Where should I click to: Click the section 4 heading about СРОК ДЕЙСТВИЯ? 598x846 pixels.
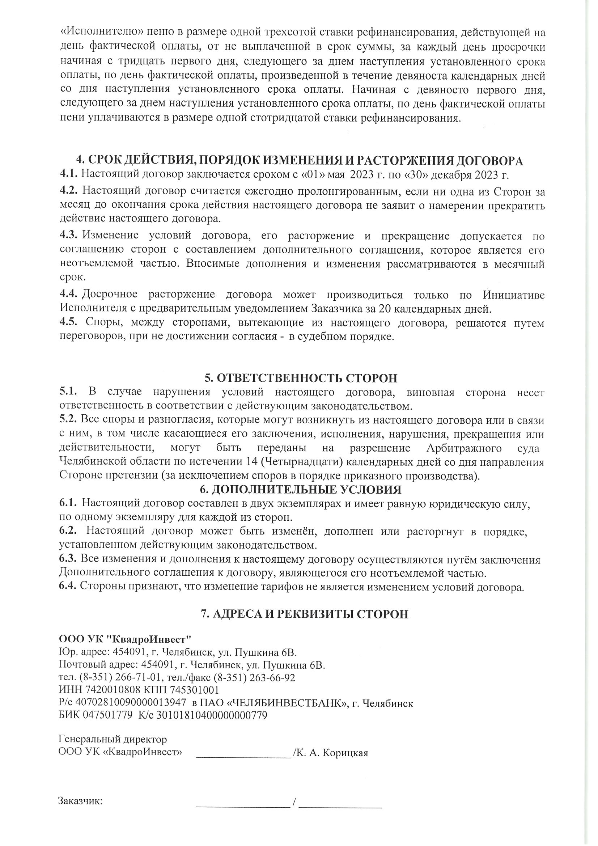click(x=299, y=161)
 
